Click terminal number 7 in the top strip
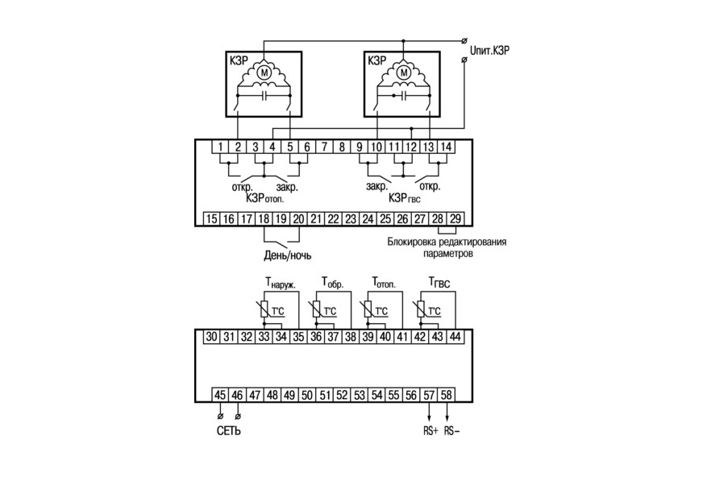(x=324, y=147)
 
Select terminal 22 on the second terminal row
(x=333, y=218)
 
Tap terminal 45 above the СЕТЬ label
(x=219, y=395)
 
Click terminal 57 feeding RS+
(x=429, y=395)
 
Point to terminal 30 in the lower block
(x=211, y=336)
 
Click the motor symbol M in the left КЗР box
(x=264, y=72)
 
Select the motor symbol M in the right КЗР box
(x=405, y=72)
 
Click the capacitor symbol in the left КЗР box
(x=264, y=95)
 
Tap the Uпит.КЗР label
(x=489, y=50)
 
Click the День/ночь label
(x=287, y=255)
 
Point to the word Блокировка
(x=410, y=242)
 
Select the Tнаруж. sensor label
(x=281, y=283)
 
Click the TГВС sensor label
(x=439, y=283)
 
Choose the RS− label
(x=452, y=431)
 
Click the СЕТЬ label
(x=229, y=431)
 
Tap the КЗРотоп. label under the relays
(x=265, y=198)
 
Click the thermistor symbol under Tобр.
(x=316, y=309)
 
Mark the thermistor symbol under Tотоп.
(x=368, y=309)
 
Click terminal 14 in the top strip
(x=446, y=147)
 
